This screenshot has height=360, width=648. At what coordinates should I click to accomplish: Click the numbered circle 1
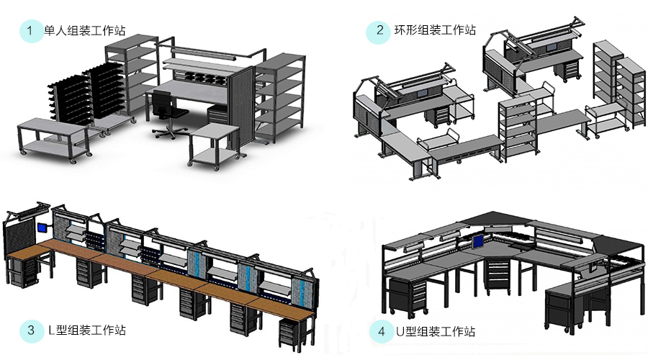pos(30,31)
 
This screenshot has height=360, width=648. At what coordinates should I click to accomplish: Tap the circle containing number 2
pos(379,31)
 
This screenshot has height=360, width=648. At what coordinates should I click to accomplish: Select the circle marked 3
pos(30,330)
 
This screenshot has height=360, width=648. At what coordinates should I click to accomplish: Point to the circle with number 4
pos(381,332)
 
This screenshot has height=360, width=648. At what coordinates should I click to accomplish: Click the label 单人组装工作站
pos(85,31)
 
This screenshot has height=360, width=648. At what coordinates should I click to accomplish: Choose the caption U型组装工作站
pos(436,331)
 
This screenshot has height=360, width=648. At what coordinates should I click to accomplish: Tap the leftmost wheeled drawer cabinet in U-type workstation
pos(407,297)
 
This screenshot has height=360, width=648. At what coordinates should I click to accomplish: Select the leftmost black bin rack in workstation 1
pos(67,97)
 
